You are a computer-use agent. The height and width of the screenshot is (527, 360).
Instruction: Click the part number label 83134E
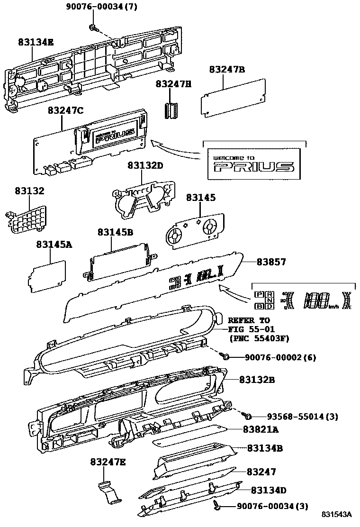pyautogui.click(x=36, y=42)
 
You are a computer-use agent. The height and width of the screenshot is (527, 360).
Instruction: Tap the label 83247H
pyautogui.click(x=174, y=84)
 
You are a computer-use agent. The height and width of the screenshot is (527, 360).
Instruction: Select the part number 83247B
pyautogui.click(x=227, y=70)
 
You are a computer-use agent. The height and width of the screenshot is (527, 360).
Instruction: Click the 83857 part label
pyautogui.click(x=271, y=262)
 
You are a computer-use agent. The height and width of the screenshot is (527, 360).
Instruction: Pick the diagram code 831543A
pyautogui.click(x=337, y=515)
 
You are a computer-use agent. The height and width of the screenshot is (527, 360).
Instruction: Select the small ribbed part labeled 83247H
pyautogui.click(x=170, y=110)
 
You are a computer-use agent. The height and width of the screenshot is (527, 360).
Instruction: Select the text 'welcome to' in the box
pyautogui.click(x=234, y=157)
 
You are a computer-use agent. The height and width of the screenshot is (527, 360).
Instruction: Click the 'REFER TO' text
pyautogui.click(x=249, y=320)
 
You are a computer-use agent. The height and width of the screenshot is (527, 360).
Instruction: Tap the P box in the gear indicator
pyautogui.click(x=260, y=294)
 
